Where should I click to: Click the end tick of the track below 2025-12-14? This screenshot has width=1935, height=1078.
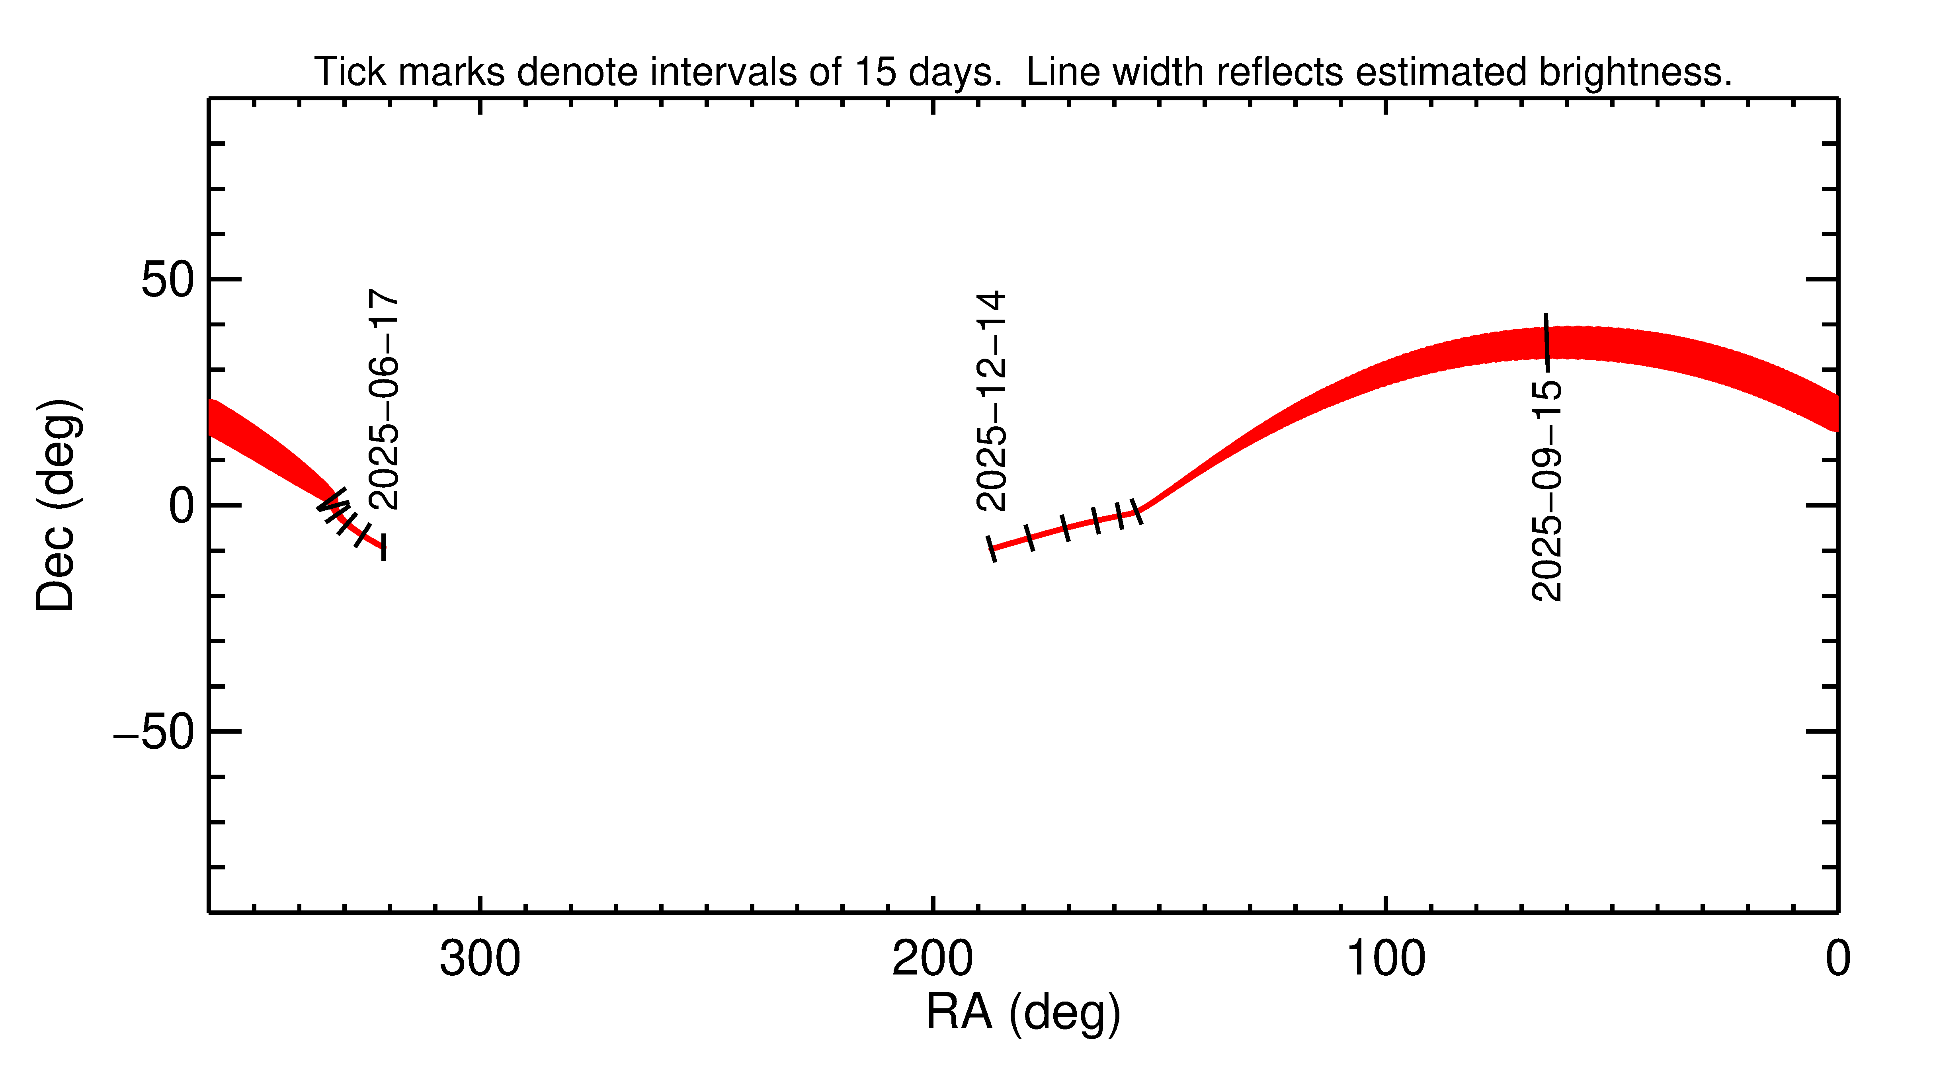[992, 549]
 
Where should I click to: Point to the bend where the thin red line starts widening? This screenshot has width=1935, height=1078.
[1142, 511]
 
